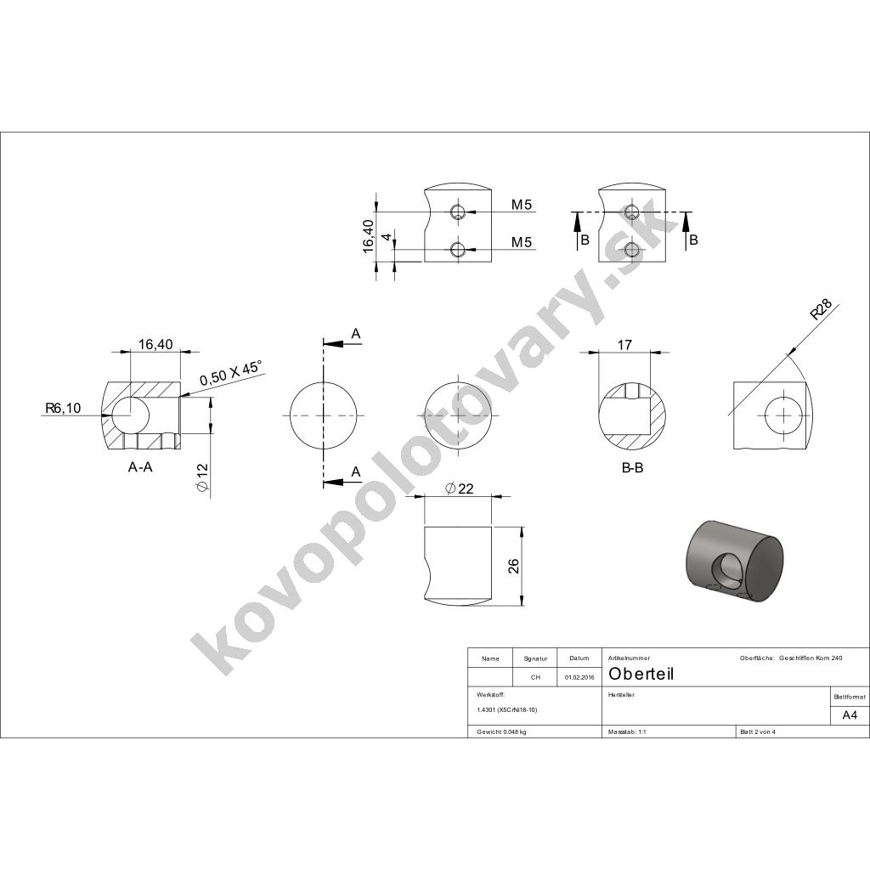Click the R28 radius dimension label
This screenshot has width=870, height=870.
[822, 309]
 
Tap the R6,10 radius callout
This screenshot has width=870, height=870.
[63, 409]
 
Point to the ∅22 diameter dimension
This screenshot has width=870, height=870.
[460, 489]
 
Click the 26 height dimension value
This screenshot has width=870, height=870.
[514, 566]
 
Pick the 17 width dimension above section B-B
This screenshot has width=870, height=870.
[624, 345]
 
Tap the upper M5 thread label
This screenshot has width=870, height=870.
[521, 205]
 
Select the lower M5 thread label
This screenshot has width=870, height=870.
[521, 242]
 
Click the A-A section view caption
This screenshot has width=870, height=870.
[140, 468]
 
